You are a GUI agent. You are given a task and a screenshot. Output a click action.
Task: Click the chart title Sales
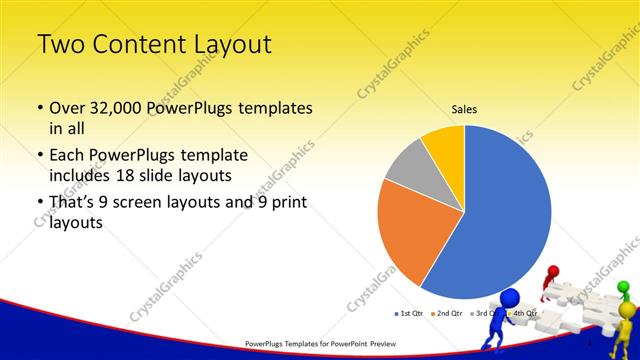pos(464,109)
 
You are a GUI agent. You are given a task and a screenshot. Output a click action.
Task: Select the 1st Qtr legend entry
pos(410,313)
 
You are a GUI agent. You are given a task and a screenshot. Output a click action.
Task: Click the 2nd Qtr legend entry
pos(446,313)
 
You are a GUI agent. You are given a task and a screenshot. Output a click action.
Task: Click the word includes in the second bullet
pos(72,176)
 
